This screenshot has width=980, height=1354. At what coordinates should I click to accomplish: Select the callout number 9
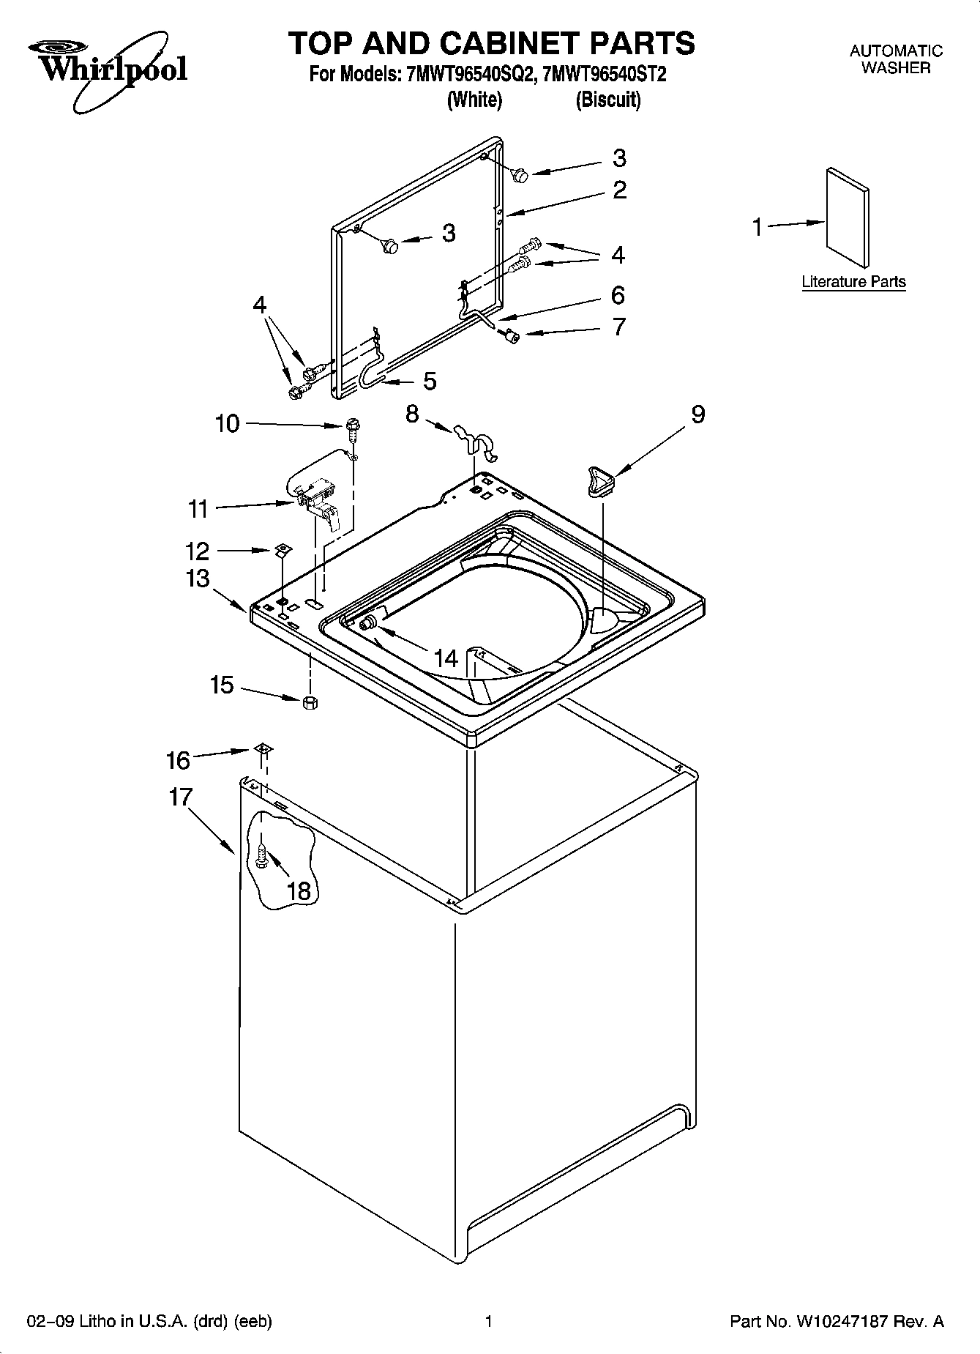point(697,414)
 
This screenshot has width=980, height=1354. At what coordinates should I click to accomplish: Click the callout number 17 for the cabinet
point(180,797)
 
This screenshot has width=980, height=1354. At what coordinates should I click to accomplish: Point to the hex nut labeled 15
point(310,702)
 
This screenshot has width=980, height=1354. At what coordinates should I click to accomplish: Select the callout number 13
point(197,579)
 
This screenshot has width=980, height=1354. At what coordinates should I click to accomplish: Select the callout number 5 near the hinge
point(430,381)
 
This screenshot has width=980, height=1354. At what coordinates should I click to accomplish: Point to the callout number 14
point(446,658)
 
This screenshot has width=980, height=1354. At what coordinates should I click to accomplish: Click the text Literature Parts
point(853,282)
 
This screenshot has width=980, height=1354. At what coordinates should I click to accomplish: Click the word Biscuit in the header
point(607,100)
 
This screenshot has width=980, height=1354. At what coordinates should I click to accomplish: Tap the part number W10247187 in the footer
point(839,1322)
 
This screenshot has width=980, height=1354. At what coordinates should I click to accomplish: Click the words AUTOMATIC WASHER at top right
point(895,59)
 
